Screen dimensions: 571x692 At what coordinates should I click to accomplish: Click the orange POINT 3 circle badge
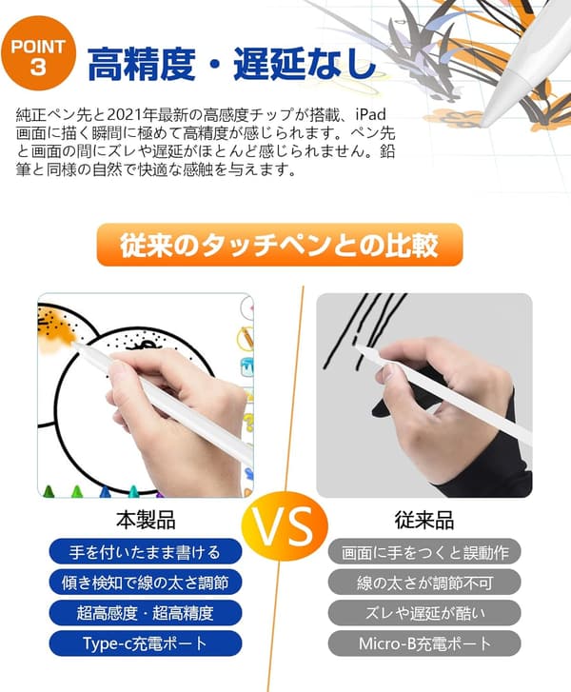tap(38, 53)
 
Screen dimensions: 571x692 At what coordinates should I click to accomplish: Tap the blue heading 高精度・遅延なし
tap(231, 65)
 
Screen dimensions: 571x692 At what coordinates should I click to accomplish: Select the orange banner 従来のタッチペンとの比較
tap(280, 245)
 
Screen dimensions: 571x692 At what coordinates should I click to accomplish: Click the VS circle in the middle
tap(285, 526)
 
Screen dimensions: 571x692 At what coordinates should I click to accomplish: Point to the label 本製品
tap(146, 520)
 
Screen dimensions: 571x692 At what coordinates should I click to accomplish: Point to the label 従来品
tap(424, 520)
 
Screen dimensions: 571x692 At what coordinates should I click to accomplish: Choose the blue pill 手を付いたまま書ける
tap(146, 552)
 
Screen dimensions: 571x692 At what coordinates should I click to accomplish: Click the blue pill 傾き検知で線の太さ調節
tap(146, 583)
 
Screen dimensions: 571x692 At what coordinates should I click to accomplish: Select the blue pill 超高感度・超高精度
tap(146, 613)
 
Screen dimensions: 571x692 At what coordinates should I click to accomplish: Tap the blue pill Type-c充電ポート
tap(146, 643)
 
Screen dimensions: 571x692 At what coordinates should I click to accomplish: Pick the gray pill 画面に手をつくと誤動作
tap(424, 552)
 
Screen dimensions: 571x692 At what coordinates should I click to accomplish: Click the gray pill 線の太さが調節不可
tap(424, 583)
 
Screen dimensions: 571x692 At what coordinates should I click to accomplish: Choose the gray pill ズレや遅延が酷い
tap(424, 613)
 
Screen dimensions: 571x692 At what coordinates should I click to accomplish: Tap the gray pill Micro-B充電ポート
tap(424, 643)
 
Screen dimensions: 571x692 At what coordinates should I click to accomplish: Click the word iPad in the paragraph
tap(370, 114)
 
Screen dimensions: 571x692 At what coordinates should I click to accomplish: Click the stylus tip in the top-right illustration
tap(483, 122)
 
